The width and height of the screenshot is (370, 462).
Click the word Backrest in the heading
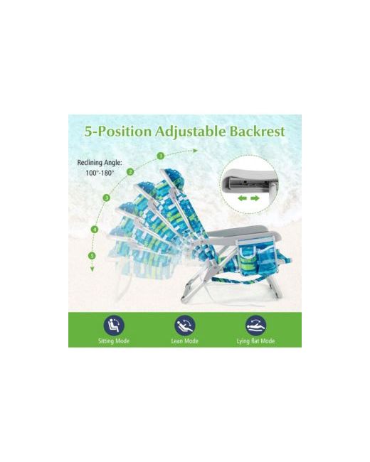click(257, 131)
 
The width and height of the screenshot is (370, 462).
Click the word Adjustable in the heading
click(190, 131)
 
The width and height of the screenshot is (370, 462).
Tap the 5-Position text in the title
click(117, 131)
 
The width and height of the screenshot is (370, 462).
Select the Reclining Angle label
click(100, 162)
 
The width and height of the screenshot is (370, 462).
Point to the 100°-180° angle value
click(100, 173)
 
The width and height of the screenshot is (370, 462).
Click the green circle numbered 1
click(161, 156)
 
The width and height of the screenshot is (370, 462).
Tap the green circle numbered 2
click(130, 172)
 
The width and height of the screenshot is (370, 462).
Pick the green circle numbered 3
click(107, 198)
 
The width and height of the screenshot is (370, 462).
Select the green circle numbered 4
click(95, 229)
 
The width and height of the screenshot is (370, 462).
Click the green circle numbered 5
click(92, 255)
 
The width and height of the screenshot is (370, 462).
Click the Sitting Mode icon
click(114, 326)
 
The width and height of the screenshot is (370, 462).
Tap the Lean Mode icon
click(185, 326)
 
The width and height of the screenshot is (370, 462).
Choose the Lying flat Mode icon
click(256, 326)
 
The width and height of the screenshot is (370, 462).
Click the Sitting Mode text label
click(114, 341)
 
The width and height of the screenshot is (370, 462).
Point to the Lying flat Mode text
click(255, 341)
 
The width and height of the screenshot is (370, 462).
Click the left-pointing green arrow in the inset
click(242, 198)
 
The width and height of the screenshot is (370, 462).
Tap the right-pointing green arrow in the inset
click(255, 198)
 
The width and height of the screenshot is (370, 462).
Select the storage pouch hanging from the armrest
click(258, 258)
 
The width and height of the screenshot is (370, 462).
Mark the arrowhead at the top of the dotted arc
click(196, 151)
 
